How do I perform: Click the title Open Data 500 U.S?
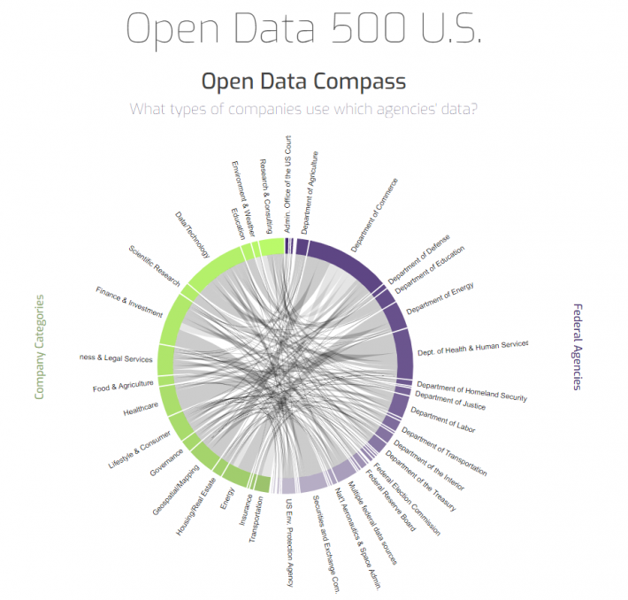click(x=304, y=29)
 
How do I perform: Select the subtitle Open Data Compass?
click(x=303, y=82)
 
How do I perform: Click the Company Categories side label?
click(x=39, y=347)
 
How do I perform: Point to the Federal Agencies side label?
click(x=578, y=347)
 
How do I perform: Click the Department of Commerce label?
click(x=374, y=215)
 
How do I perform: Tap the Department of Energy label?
click(x=440, y=298)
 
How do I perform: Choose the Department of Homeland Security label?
click(x=471, y=391)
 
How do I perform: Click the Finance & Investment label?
click(x=130, y=301)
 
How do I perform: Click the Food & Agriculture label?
click(x=123, y=386)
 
